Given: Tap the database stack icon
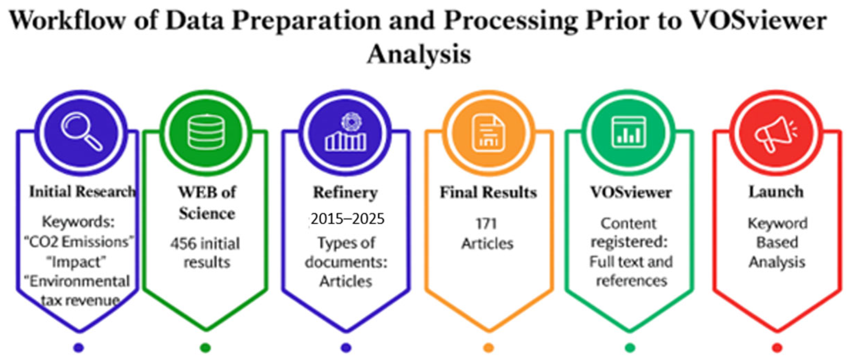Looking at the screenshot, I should click(x=206, y=132).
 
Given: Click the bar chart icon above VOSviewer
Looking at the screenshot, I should click(x=628, y=132).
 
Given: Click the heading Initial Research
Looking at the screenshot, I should click(x=82, y=192).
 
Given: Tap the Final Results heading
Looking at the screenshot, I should click(x=488, y=192).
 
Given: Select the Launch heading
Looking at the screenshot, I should click(x=776, y=192).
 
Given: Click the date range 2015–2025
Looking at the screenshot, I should click(x=347, y=219).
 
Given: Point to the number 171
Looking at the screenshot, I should click(x=486, y=224).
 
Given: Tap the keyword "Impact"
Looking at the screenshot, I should click(x=77, y=262).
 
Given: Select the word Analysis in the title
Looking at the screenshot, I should click(x=419, y=54).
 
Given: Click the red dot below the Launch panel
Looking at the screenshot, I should click(x=777, y=347).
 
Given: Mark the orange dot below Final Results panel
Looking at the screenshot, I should click(x=488, y=347).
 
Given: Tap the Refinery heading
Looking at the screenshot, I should click(x=345, y=192).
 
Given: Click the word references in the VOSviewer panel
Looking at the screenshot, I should click(x=632, y=281).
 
